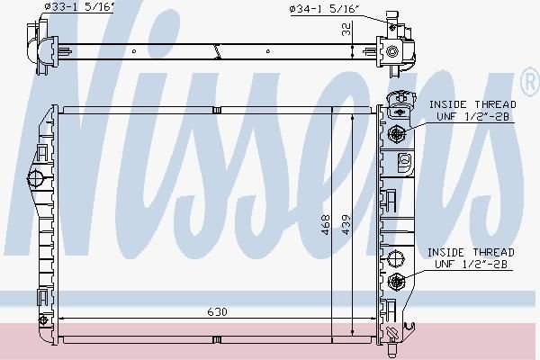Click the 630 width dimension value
tap(217, 311)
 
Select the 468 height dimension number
tap(326, 225)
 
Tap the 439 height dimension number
tap(346, 225)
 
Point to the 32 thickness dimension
tap(346, 29)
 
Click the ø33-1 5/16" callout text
tap(79, 7)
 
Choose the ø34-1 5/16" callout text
tap(325, 9)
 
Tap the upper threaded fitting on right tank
tap(396, 133)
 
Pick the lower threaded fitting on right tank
tap(396, 281)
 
